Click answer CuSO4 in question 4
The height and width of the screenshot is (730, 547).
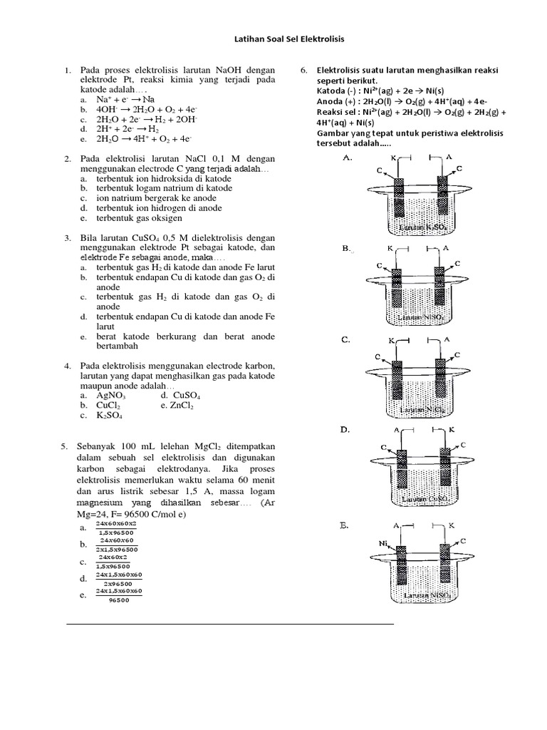click(183, 394)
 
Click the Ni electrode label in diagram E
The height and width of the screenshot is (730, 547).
click(383, 543)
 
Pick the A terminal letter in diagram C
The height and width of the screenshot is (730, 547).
click(447, 339)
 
